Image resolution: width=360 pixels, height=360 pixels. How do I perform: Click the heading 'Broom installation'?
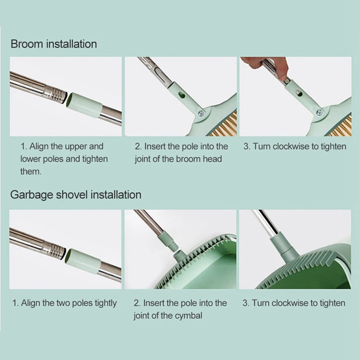tap(54, 44)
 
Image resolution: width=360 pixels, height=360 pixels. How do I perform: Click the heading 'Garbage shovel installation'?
tap(76, 195)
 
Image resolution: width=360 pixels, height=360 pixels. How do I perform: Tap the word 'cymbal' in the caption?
tap(188, 316)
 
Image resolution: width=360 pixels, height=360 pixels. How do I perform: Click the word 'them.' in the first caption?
tap(31, 171)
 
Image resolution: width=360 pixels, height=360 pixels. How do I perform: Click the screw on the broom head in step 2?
tap(202, 113)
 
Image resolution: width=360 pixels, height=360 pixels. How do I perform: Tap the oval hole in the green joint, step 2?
tap(182, 94)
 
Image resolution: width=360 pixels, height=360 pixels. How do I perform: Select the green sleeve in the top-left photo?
tap(84, 105)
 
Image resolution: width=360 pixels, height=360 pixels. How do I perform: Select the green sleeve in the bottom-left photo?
tap(83, 261)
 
